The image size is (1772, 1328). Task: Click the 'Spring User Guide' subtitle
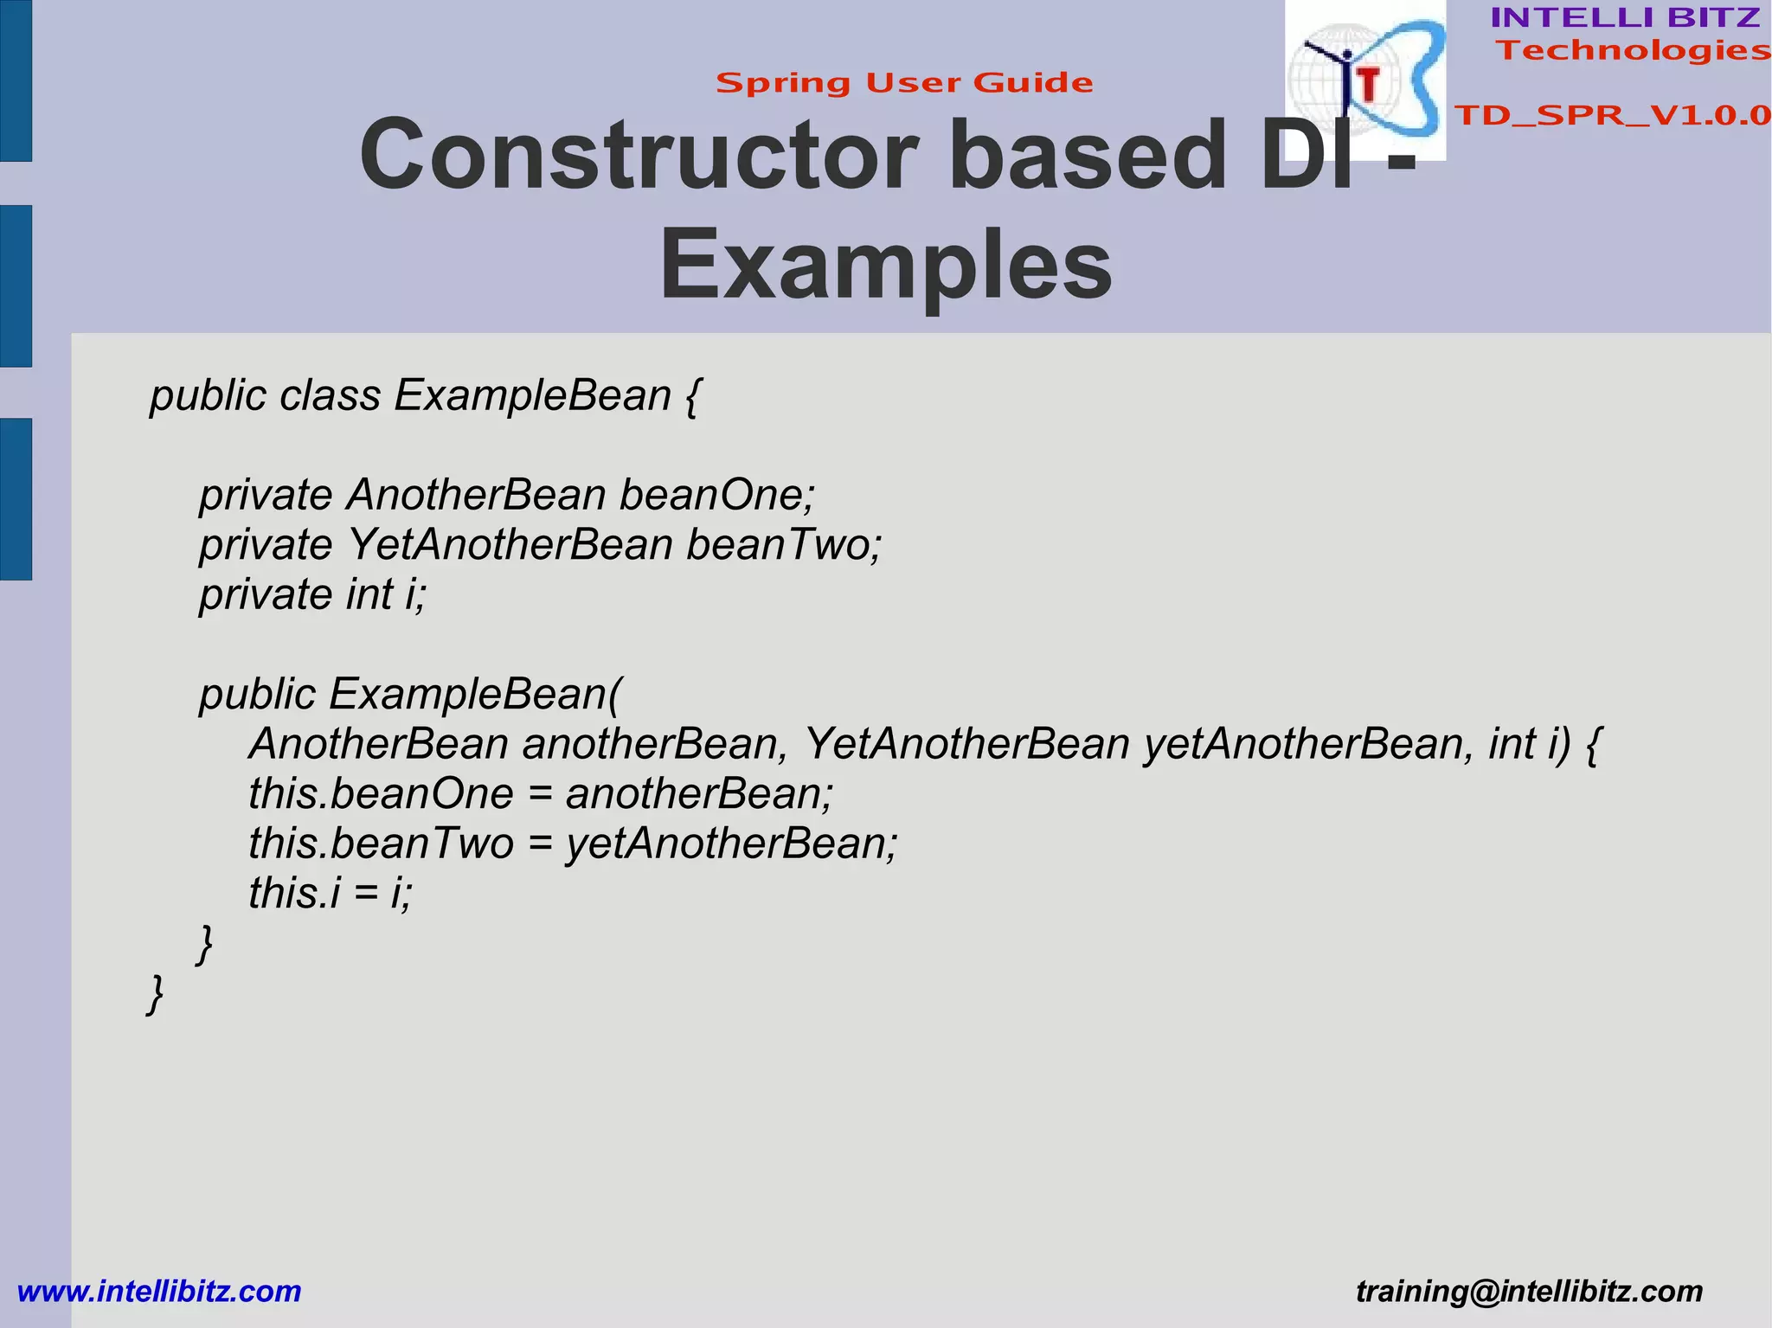pos(904,83)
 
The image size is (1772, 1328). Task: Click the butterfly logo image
pos(1364,80)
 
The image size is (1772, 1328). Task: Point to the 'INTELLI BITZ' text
pos(1625,17)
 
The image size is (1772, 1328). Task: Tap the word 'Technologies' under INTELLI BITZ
pos(1633,50)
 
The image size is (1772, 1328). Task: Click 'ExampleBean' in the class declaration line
pos(533,395)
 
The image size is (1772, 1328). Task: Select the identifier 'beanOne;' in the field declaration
pos(717,495)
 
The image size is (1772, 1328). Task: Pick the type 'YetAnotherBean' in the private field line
pos(510,544)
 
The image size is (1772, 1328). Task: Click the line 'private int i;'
pos(313,594)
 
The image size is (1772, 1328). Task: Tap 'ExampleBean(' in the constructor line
pos(475,694)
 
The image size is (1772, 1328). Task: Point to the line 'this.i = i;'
pos(331,893)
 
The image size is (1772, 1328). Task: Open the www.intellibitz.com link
pos(159,1291)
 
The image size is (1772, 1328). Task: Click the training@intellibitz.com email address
pos(1529,1291)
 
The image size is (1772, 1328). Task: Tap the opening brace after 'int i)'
pos(1594,745)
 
